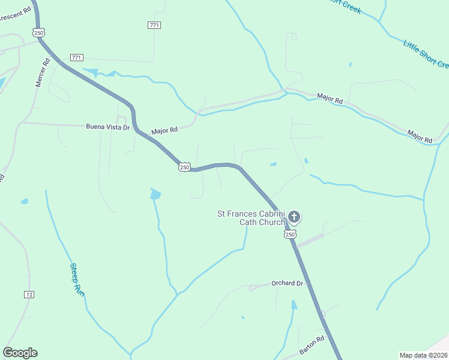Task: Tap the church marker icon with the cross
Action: point(294,217)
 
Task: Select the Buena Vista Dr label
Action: point(108,127)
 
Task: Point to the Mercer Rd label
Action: point(42,72)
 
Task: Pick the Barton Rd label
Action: point(312,346)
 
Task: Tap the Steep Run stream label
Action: point(76,278)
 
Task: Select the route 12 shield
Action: point(29,294)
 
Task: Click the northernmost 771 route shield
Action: point(154,25)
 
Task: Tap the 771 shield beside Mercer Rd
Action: point(76,58)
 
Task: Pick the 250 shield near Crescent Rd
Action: point(40,33)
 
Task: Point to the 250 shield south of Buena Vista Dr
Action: point(184,167)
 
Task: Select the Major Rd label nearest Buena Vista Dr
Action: point(164,130)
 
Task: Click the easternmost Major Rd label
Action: point(420,136)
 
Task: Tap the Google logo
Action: point(20,353)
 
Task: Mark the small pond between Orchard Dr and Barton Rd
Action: point(294,305)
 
